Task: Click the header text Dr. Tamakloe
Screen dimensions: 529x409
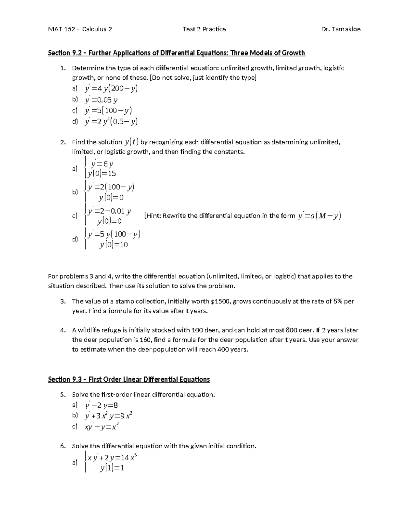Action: (x=340, y=29)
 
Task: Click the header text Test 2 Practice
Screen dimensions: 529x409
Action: (x=204, y=29)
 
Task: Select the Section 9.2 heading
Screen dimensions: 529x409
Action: (x=176, y=53)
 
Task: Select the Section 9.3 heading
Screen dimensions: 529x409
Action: (x=129, y=379)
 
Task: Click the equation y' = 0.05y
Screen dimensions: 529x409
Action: (x=101, y=100)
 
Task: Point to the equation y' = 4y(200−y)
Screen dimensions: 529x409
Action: (x=111, y=89)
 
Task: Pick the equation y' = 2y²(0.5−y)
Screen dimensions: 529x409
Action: (x=111, y=122)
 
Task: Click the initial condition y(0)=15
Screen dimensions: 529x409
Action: (x=102, y=174)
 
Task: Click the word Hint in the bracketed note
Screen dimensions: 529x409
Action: (x=153, y=216)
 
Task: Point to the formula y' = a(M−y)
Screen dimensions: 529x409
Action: (x=319, y=216)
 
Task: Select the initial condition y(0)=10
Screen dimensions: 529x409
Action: (x=114, y=245)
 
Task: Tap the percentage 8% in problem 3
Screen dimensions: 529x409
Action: (x=338, y=301)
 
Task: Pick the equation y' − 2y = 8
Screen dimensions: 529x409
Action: (x=102, y=405)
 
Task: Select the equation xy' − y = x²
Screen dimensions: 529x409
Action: (x=102, y=426)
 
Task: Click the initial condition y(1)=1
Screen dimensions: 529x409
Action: (x=112, y=468)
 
